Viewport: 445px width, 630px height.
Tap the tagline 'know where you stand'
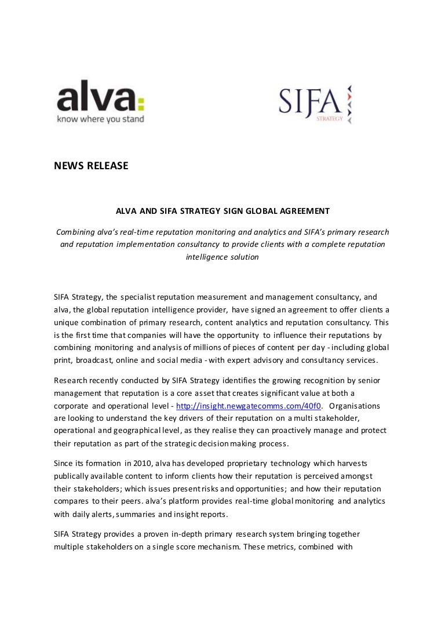click(x=100, y=119)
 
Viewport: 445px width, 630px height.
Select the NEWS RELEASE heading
click(x=91, y=166)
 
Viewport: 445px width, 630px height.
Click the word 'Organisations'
click(x=363, y=406)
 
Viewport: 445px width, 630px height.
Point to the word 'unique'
click(x=66, y=322)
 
